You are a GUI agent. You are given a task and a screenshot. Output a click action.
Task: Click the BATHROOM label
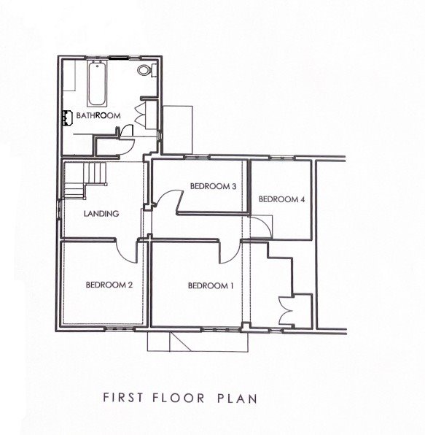coord(98,116)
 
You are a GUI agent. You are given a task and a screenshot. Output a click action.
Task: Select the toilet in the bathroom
coord(147,71)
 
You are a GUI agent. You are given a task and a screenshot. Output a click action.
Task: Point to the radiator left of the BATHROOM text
coord(66,116)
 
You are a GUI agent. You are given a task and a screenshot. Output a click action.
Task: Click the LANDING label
coord(101,214)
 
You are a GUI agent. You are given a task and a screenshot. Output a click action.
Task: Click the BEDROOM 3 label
coord(213,186)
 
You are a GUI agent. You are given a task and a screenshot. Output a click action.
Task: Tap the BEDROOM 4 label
coord(281,199)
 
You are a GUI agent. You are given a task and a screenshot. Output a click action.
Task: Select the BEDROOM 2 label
coord(109,285)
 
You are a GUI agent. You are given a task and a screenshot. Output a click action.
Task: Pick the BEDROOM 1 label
coord(211,285)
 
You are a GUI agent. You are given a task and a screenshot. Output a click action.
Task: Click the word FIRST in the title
coord(120,399)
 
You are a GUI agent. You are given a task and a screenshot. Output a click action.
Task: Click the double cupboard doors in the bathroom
coord(151,114)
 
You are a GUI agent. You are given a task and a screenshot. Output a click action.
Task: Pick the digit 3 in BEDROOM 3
coord(234,186)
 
